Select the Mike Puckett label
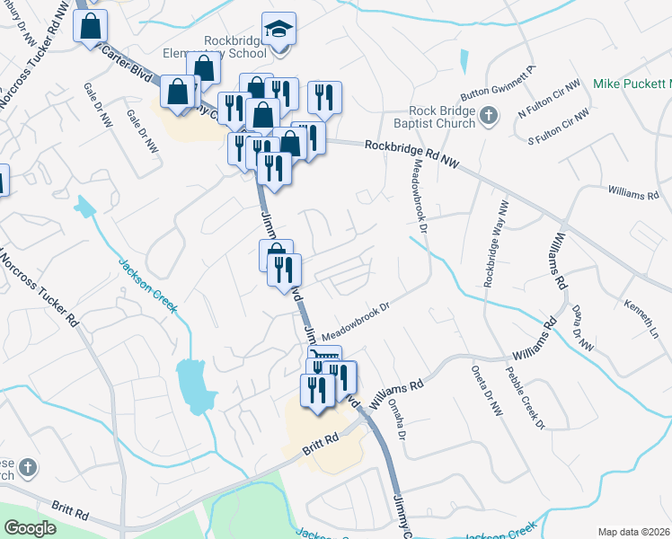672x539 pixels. (x=632, y=84)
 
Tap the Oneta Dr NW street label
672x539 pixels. (x=486, y=389)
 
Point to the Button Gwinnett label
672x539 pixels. (x=498, y=82)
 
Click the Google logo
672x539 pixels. (x=31, y=528)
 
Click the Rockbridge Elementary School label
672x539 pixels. (x=235, y=47)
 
